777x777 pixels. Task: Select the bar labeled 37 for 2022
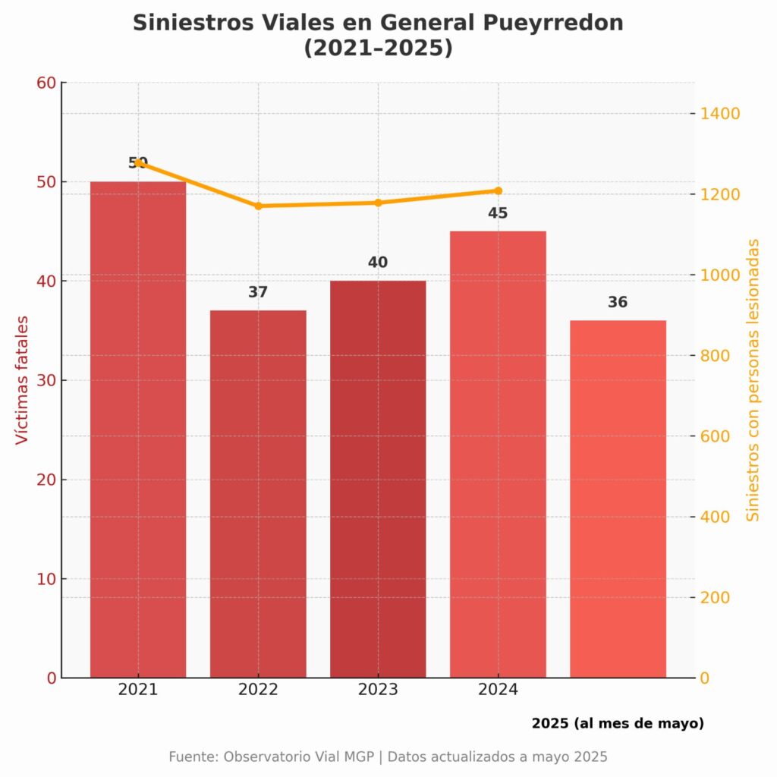point(258,493)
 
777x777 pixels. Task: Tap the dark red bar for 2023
point(378,478)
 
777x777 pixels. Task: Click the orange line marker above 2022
point(258,206)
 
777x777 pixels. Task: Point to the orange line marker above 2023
point(378,203)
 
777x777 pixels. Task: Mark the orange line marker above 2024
point(498,190)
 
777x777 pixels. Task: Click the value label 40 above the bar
point(378,263)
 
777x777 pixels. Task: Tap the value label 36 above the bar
point(618,302)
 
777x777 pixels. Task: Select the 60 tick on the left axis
point(47,82)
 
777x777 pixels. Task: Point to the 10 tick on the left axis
point(47,579)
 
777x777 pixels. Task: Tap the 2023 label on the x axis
point(378,690)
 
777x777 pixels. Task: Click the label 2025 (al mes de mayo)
point(618,723)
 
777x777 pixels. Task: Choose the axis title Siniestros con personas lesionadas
point(753,379)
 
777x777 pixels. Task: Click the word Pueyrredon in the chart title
point(552,23)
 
